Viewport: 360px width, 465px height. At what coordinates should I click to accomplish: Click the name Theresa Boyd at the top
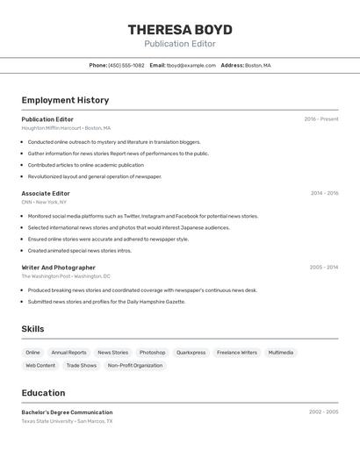point(180,29)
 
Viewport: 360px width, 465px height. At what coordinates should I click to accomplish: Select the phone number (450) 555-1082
point(126,65)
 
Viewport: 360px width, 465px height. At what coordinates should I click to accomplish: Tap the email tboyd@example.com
point(191,65)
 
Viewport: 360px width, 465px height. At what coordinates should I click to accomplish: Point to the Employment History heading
point(65,100)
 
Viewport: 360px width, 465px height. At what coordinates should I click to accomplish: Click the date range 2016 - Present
point(321,119)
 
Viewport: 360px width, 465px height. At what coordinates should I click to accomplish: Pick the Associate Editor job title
point(46,193)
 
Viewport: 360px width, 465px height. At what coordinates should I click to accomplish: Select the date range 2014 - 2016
point(324,193)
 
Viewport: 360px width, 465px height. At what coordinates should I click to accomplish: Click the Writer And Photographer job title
point(59,268)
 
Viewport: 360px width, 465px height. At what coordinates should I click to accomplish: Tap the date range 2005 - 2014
point(323,268)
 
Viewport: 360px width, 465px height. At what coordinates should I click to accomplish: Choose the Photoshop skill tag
point(152,353)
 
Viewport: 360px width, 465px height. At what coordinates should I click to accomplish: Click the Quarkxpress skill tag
point(191,353)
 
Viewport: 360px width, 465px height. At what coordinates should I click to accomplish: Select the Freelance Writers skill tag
point(237,353)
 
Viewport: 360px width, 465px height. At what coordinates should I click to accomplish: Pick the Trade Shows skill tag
point(82,365)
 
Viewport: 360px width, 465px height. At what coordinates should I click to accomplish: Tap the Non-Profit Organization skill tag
point(135,365)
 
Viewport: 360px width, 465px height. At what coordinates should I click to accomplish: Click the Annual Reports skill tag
point(68,353)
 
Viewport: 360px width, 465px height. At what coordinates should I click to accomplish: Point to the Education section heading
point(43,393)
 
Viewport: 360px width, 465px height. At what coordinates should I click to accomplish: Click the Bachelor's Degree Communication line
point(67,411)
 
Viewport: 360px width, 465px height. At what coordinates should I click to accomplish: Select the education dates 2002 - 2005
point(323,411)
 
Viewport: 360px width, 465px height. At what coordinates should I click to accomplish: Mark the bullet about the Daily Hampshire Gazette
point(106,302)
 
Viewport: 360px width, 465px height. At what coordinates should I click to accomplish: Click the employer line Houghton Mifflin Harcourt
point(66,128)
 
